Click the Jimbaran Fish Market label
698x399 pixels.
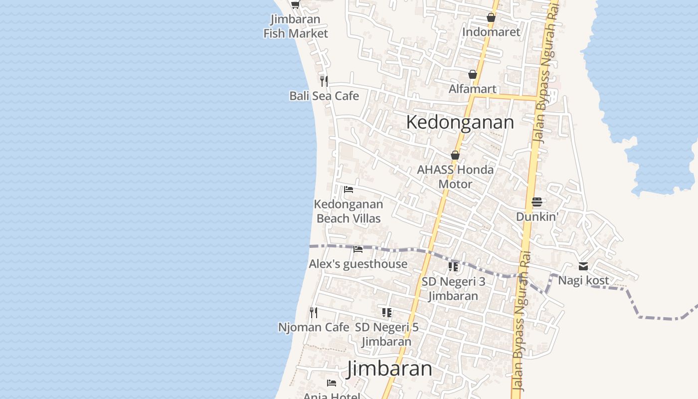point(296,26)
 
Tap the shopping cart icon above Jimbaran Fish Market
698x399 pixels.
point(295,5)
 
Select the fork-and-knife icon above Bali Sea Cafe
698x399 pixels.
point(324,81)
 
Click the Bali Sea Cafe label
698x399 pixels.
point(324,96)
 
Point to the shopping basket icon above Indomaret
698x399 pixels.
point(491,17)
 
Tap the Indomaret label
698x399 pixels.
point(491,32)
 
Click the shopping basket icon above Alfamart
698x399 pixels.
point(473,74)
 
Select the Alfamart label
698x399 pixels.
point(473,89)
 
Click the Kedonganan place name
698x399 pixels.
point(460,122)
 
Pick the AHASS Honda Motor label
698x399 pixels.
point(455,177)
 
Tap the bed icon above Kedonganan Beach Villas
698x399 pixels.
point(349,190)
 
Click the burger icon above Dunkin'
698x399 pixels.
point(536,202)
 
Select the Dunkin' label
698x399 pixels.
point(536,216)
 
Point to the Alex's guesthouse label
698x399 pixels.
point(358,264)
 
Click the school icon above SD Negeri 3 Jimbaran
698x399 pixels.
point(453,266)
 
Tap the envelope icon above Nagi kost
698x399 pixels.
point(583,266)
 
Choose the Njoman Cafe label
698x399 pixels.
point(314,327)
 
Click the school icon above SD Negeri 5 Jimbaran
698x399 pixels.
point(386,313)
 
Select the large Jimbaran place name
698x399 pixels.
point(389,369)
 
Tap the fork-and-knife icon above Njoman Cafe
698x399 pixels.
point(314,313)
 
